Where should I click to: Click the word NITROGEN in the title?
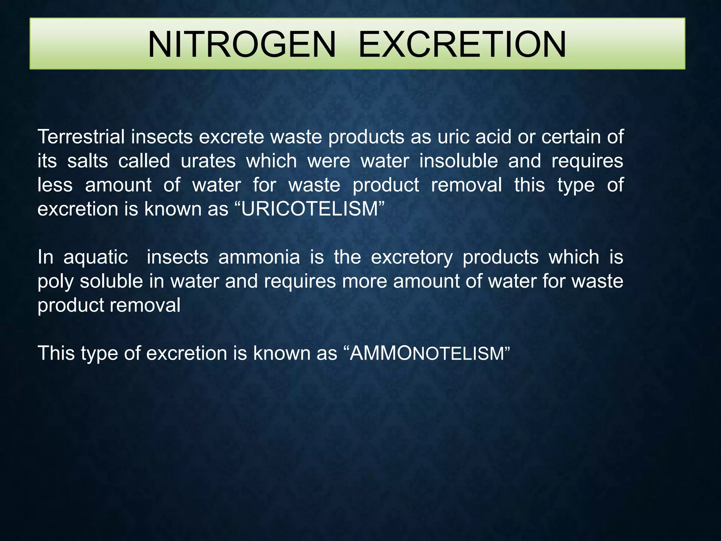point(242,44)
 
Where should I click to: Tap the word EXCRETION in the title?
point(462,44)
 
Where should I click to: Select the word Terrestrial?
point(81,137)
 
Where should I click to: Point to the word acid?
point(493,137)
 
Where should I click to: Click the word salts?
point(88,161)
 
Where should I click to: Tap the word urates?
point(208,161)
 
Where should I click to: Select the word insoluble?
point(459,161)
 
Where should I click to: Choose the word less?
point(55,185)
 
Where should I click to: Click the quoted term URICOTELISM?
point(309,209)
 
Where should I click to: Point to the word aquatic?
point(96,257)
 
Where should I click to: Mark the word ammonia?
point(259,257)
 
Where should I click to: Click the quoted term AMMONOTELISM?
point(427,353)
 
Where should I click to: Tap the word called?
point(144,161)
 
